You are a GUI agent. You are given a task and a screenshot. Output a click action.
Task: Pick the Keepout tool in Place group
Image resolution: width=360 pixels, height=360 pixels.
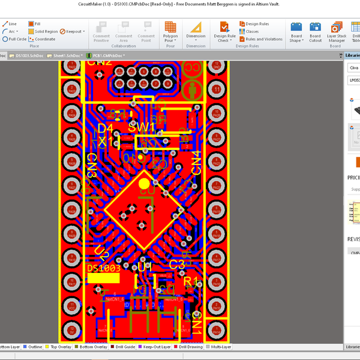point(71,31)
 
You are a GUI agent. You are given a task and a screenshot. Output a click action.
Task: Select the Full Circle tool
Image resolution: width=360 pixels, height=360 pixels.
point(14,39)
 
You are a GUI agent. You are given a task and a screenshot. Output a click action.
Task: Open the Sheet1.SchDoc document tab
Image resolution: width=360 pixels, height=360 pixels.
point(65,55)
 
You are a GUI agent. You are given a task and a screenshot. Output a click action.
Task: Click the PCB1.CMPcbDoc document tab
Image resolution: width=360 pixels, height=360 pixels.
point(106,55)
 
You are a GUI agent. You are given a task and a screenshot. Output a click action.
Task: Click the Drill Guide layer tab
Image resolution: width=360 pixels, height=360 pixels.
point(122,347)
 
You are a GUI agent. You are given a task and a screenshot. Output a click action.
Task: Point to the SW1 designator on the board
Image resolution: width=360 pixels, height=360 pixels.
point(141,128)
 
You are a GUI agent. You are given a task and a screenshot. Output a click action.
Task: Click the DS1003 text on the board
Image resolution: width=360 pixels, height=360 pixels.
point(104,268)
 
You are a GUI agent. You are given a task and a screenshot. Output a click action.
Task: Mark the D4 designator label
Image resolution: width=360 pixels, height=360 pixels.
point(105,129)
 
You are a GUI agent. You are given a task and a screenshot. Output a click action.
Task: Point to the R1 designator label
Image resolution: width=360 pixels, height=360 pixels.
point(191,281)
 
